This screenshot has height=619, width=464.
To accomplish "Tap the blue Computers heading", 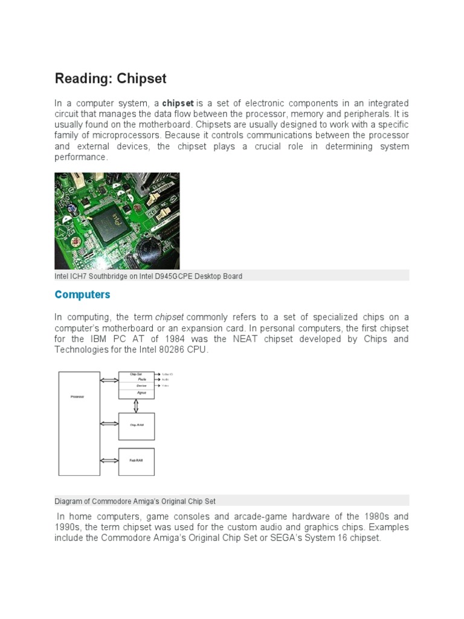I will coord(82,295).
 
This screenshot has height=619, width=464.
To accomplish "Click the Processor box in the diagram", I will coord(79,423).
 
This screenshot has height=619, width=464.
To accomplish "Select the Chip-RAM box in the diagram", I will coord(136,425).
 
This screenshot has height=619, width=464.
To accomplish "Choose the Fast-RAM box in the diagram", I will coord(136,461).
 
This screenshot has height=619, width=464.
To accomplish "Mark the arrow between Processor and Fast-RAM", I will coord(109,461).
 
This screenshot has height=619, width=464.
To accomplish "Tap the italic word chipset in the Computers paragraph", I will coord(169,317).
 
